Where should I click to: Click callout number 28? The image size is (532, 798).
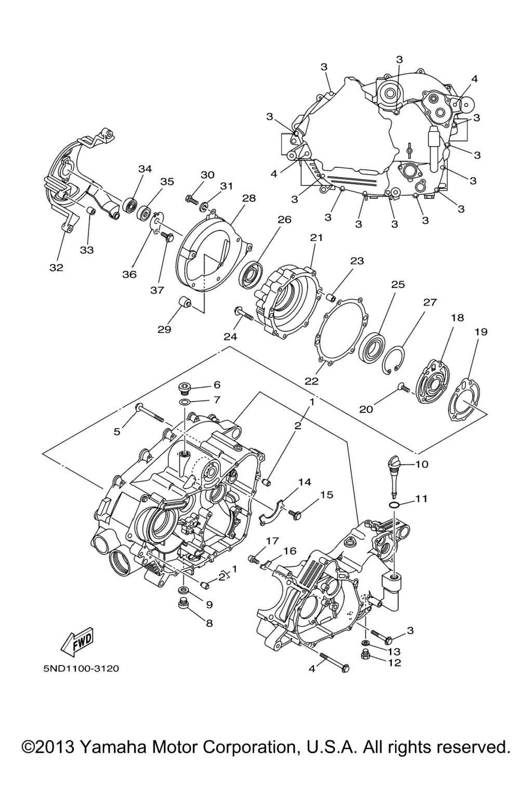[249, 198]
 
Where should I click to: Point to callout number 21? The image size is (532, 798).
[316, 237]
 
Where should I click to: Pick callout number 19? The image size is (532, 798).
[481, 331]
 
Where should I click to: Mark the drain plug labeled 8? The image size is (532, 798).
[183, 604]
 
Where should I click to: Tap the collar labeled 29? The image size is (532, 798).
[185, 303]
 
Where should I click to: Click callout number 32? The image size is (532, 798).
[56, 268]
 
